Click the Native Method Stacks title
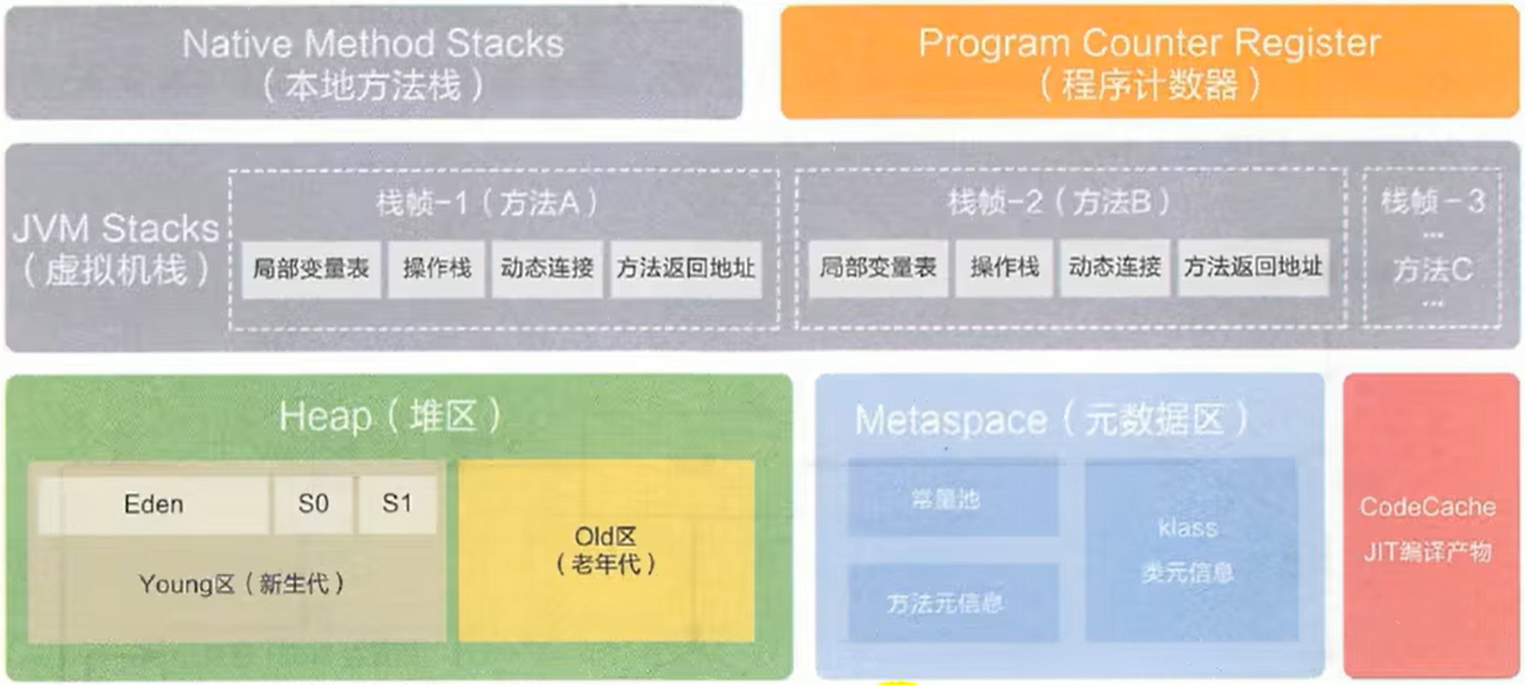(x=373, y=44)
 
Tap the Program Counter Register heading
(x=1149, y=43)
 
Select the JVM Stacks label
(x=115, y=229)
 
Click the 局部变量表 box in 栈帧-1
(x=311, y=269)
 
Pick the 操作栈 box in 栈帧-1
(x=437, y=269)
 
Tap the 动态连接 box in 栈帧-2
(x=1115, y=268)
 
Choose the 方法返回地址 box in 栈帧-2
(x=1253, y=268)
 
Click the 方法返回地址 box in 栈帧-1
(x=685, y=269)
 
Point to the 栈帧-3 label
(x=1432, y=202)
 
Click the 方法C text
(x=1432, y=270)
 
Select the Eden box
(x=153, y=505)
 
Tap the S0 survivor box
(x=313, y=505)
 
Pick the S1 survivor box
(x=397, y=505)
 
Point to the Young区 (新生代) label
(x=241, y=584)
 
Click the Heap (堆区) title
(x=390, y=417)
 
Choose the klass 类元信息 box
(x=1188, y=549)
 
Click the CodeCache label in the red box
(x=1427, y=507)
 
